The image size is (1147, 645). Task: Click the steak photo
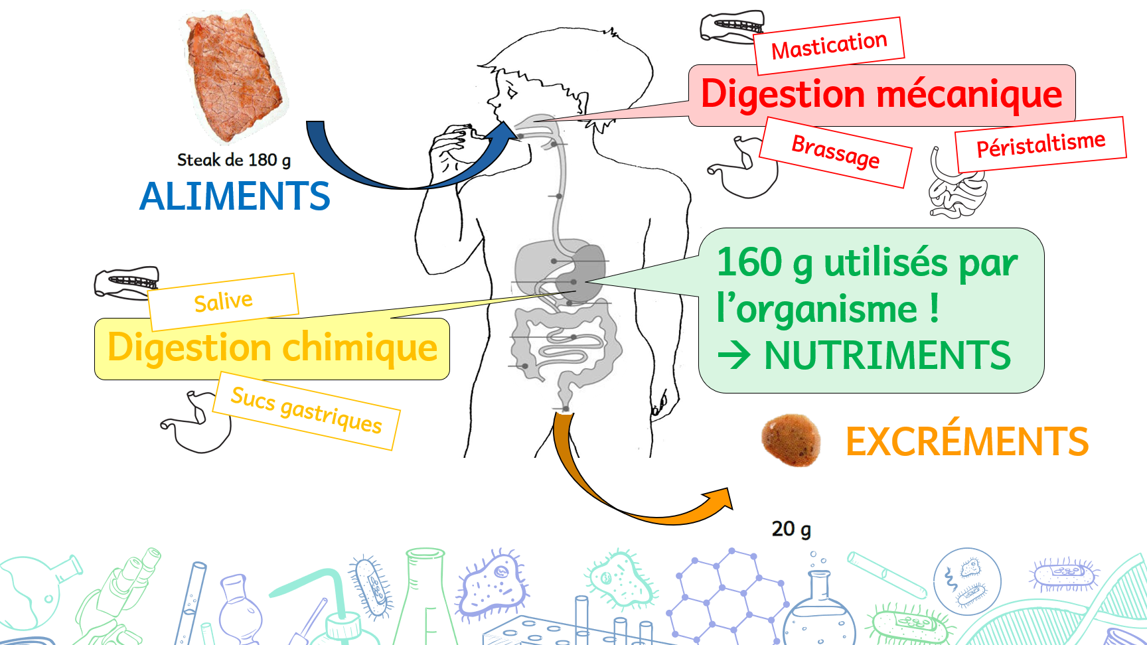234,76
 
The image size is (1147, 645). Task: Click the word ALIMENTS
235,196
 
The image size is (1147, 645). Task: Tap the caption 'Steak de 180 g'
234,160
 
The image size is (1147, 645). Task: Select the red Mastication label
829,46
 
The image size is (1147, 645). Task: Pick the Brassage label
835,152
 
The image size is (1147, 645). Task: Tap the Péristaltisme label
1040,144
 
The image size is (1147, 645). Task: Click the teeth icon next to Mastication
732,27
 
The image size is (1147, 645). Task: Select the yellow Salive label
223,302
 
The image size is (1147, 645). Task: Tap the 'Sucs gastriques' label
307,411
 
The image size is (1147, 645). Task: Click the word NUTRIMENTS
887,356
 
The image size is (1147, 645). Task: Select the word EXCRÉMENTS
966,442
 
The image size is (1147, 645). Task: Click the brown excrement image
791,439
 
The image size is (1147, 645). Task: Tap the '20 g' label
791,529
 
